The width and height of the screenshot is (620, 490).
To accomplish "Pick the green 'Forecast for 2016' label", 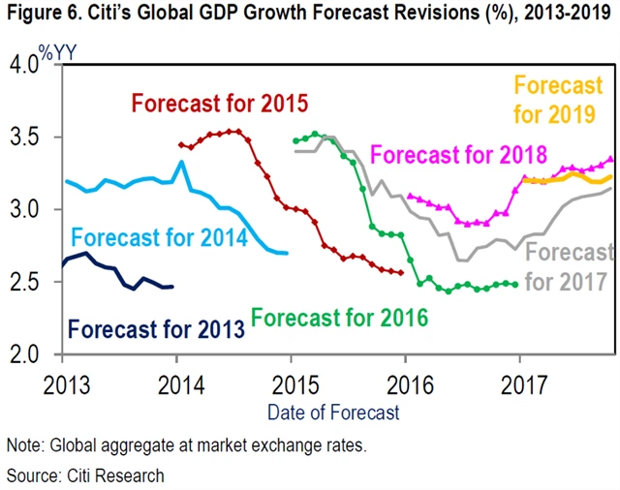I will [x=339, y=317].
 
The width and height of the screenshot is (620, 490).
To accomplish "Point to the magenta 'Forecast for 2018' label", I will [x=459, y=154].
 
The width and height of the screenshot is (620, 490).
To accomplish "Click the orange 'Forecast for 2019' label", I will [x=560, y=100].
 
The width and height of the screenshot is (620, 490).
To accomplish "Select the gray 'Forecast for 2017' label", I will [x=570, y=266].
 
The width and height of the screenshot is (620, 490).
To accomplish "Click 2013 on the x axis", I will [x=62, y=380].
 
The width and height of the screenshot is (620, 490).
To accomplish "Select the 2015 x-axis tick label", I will [x=292, y=380].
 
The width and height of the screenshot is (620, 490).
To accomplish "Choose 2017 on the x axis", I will [x=520, y=380].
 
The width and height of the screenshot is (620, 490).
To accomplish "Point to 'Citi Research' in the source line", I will [x=110, y=475].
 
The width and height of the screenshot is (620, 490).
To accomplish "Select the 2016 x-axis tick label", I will [x=406, y=380].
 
